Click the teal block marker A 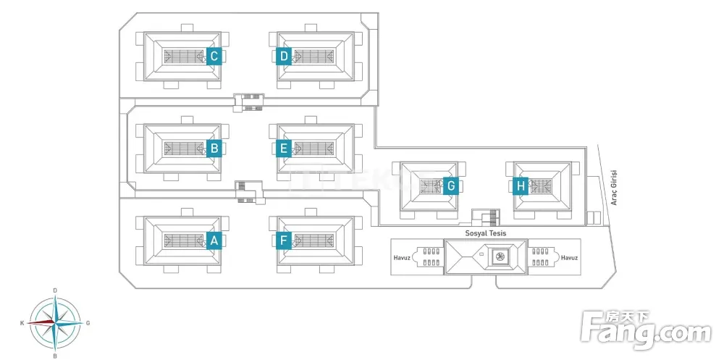pos(214,241)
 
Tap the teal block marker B pos(214,149)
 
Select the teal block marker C pos(214,56)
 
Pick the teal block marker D pos(284,56)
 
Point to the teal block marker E pos(284,149)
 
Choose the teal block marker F pos(284,241)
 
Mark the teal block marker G pos(450,186)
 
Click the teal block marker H pos(521,186)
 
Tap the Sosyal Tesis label pos(486,234)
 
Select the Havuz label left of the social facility pos(402,258)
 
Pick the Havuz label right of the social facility pos(569,258)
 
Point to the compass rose pos(55,322)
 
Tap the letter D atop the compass pos(55,290)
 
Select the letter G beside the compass pos(88,323)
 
